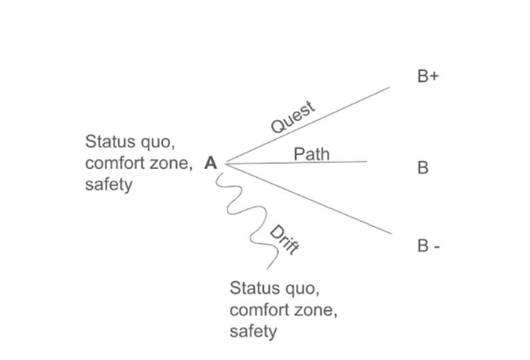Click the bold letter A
click(x=210, y=162)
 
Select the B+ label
click(x=428, y=77)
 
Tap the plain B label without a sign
click(x=423, y=167)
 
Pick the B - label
click(x=428, y=246)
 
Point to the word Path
click(x=311, y=154)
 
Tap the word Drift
click(x=285, y=239)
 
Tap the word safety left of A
click(x=108, y=185)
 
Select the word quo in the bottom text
click(x=297, y=288)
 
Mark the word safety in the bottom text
click(x=252, y=331)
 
